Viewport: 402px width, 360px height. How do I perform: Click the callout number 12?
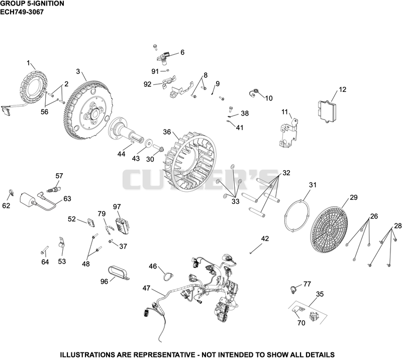(343, 89)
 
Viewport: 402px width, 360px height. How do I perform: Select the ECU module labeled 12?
(327, 111)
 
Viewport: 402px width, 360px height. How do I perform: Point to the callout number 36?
(167, 132)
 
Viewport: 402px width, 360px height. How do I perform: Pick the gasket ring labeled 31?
(297, 217)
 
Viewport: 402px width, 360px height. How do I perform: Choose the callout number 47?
(146, 288)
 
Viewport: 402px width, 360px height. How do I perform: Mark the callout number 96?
(104, 282)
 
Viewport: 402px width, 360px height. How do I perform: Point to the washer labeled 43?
(149, 144)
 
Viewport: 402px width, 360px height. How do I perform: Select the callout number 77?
(307, 284)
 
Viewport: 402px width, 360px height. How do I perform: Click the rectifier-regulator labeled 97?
(122, 225)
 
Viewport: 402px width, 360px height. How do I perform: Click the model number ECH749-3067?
(22, 12)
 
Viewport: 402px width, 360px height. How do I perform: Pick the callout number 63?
(67, 198)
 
